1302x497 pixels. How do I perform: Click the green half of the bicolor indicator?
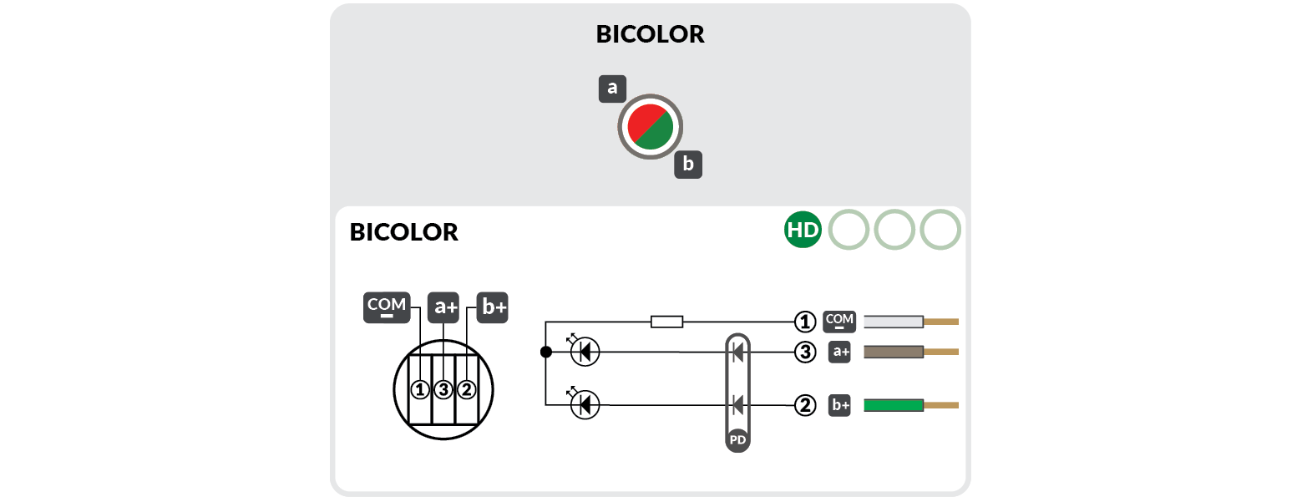659,136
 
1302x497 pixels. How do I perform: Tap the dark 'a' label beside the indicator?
612,89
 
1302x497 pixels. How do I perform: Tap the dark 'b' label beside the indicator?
688,165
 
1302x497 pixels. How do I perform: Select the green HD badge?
803,231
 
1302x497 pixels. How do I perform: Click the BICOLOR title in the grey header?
650,34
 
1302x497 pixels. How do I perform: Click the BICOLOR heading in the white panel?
404,232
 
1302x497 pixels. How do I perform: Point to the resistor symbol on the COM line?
666,322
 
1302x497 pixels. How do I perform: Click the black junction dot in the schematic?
545,352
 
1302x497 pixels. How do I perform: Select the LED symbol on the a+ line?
584,352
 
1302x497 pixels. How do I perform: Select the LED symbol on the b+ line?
584,406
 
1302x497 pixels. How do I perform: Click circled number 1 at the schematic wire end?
804,322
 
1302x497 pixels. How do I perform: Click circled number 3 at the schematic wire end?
804,352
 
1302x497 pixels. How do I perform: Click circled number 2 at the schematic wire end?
804,406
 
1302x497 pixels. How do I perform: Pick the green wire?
893,406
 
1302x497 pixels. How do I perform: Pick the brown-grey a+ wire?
893,352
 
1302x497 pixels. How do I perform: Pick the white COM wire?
893,322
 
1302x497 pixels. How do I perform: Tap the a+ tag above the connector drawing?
443,307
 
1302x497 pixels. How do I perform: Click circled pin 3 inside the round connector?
443,389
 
